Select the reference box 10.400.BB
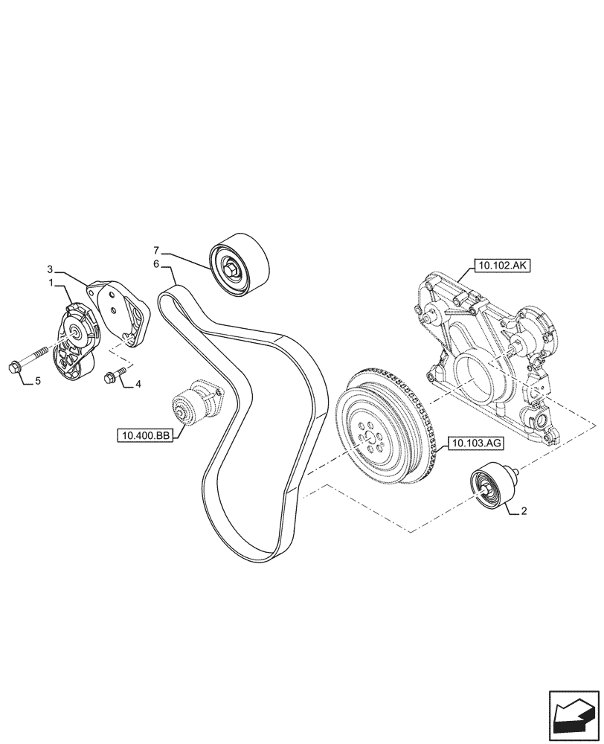(143, 435)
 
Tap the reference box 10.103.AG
(475, 445)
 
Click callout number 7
(157, 250)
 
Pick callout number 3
(50, 269)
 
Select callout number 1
(50, 283)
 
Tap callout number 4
(138, 385)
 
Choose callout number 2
(524, 511)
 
